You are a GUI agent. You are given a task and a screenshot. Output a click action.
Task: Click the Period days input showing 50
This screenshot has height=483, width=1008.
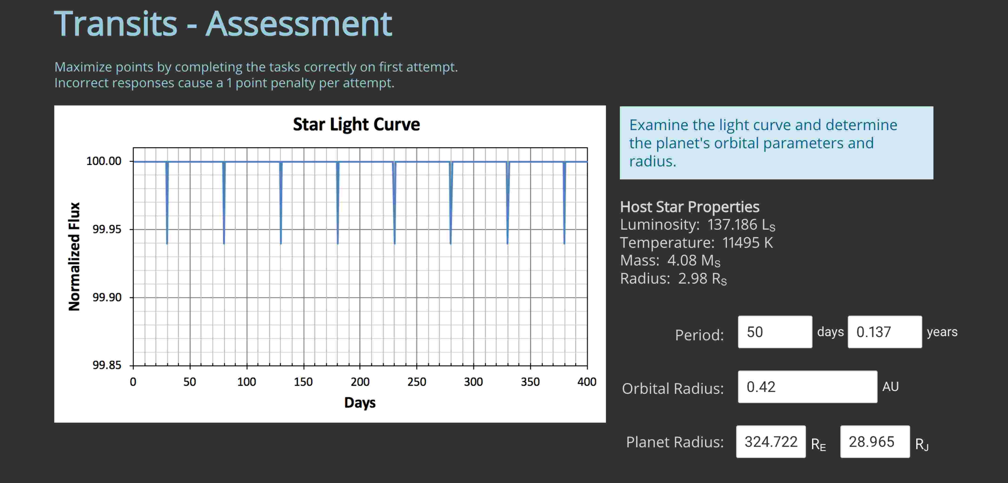click(x=774, y=332)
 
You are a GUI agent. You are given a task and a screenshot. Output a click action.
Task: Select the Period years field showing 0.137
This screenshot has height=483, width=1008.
click(x=884, y=332)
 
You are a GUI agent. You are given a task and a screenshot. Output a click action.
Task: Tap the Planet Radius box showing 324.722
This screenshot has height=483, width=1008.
click(x=771, y=442)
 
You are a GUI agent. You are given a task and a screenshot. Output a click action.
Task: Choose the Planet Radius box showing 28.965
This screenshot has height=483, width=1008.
click(x=874, y=442)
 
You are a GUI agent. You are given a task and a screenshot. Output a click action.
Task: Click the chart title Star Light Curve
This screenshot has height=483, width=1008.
click(x=356, y=124)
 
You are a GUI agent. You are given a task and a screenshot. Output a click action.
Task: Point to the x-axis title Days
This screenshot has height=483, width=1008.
click(x=360, y=403)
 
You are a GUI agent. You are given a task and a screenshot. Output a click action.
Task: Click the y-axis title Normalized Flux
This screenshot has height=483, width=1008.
click(x=74, y=256)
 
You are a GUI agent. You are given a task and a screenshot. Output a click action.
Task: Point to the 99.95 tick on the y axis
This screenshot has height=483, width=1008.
click(x=107, y=229)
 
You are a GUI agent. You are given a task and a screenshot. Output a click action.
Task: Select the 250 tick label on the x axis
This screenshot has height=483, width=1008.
click(x=416, y=382)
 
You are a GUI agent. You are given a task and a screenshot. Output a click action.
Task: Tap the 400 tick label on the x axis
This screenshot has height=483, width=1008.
click(x=587, y=382)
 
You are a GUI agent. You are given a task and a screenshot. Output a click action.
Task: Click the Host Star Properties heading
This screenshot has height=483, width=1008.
click(x=689, y=207)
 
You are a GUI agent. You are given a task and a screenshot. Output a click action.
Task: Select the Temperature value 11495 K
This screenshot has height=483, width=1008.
click(x=747, y=243)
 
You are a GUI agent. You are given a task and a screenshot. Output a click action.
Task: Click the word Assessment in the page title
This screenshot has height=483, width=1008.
click(x=299, y=24)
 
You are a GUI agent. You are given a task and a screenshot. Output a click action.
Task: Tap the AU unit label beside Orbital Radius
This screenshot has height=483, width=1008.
click(x=890, y=387)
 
